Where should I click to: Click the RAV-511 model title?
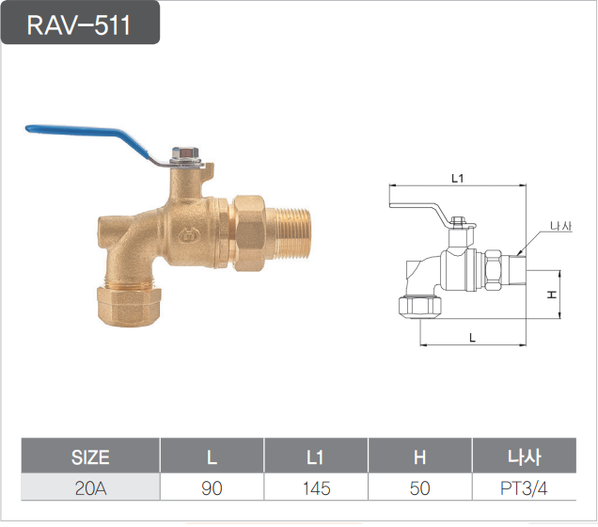(x=79, y=25)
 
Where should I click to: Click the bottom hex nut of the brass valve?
(x=129, y=306)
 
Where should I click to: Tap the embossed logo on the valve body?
(x=188, y=234)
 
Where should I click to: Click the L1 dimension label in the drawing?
(x=457, y=178)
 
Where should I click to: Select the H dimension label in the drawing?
(x=552, y=295)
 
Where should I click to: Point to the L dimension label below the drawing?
(x=473, y=337)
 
